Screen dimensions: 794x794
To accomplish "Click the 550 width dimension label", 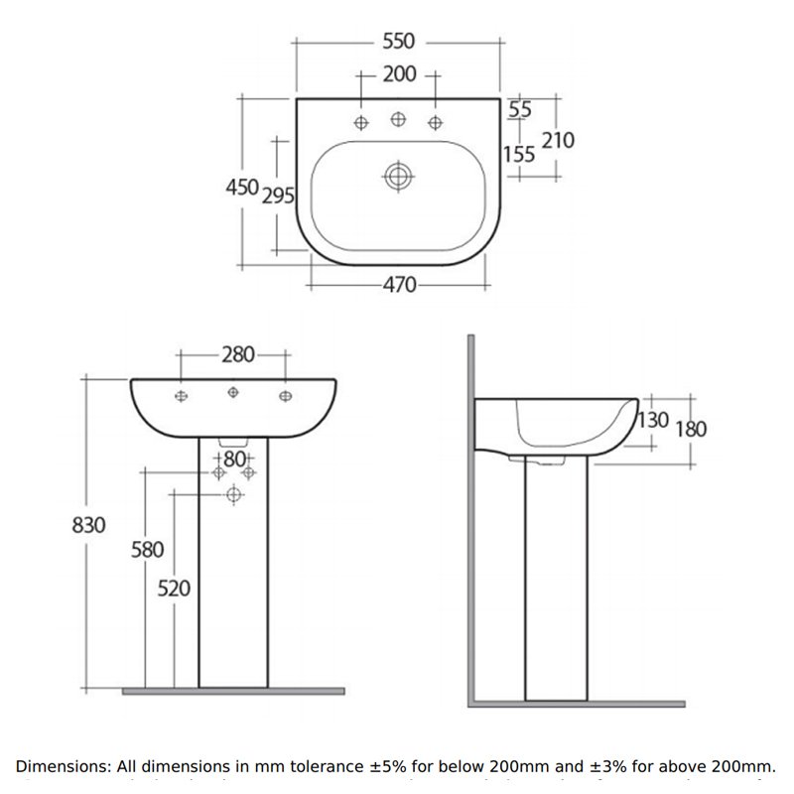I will pyautogui.click(x=397, y=42).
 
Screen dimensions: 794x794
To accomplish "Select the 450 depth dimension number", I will pyautogui.click(x=242, y=187).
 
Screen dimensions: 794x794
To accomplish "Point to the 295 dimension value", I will pyautogui.click(x=278, y=196).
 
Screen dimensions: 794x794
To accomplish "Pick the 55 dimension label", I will pyautogui.click(x=520, y=109).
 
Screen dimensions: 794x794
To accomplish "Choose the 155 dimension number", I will pyautogui.click(x=518, y=154).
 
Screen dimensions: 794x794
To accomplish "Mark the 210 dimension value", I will pyautogui.click(x=558, y=140).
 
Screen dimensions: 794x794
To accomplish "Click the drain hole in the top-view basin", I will pyautogui.click(x=398, y=177).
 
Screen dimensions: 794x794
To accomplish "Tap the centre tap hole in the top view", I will pyautogui.click(x=398, y=120).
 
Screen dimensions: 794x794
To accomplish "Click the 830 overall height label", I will pyautogui.click(x=88, y=525).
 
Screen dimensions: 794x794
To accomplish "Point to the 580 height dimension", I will pyautogui.click(x=146, y=549).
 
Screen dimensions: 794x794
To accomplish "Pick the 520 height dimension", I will pyautogui.click(x=174, y=588).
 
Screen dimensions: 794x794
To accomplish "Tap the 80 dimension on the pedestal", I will pyautogui.click(x=234, y=458).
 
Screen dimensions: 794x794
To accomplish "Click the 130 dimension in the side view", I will pyautogui.click(x=653, y=420).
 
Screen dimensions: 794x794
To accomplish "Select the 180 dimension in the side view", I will pyautogui.click(x=691, y=428).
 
